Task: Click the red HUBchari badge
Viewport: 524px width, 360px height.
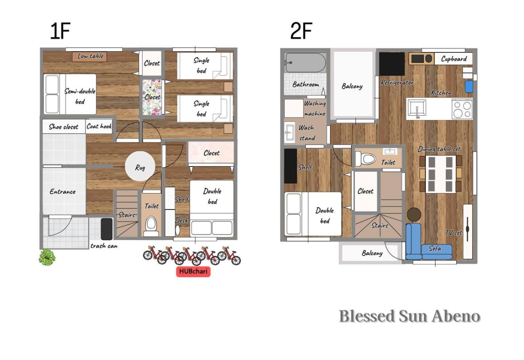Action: click(x=193, y=271)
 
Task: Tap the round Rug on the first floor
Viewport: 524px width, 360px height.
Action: click(x=140, y=166)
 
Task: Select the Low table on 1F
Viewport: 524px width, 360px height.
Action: click(x=89, y=57)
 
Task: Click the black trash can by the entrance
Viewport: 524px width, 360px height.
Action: click(x=107, y=229)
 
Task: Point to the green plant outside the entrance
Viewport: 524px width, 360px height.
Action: click(x=47, y=257)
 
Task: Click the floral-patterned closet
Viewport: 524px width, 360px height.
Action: click(x=152, y=97)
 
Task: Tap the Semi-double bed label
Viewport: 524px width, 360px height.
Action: click(x=80, y=96)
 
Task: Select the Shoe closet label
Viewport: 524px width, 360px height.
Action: click(x=63, y=127)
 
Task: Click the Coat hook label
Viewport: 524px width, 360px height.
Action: click(x=99, y=126)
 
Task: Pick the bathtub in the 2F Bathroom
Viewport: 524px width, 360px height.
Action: click(x=305, y=62)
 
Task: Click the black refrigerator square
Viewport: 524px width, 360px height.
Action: click(x=392, y=64)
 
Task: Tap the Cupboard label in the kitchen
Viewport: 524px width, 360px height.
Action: click(x=454, y=59)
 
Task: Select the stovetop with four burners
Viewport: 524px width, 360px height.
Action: click(x=462, y=109)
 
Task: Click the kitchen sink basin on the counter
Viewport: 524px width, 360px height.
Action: click(x=417, y=108)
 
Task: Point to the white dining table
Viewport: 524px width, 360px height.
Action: click(x=441, y=174)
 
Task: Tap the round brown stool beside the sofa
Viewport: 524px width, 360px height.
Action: click(x=414, y=214)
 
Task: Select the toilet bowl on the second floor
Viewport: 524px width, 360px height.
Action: click(x=365, y=159)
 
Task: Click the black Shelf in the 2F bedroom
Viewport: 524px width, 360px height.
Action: click(x=290, y=166)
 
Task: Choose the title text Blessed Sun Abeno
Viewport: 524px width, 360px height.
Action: click(x=410, y=316)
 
